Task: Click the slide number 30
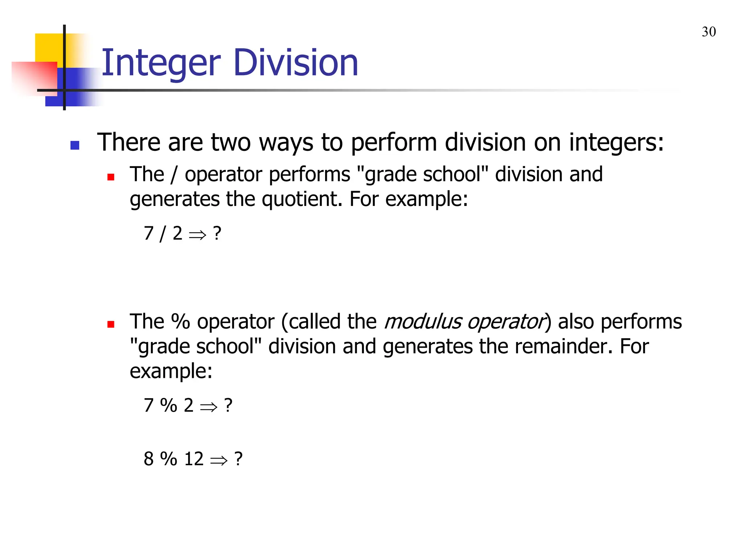tap(709, 32)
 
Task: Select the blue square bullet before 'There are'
tap(75, 145)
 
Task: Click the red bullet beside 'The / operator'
tap(111, 177)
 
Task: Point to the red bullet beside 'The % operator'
tap(111, 324)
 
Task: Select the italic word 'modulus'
tap(423, 322)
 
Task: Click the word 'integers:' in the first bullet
tap(616, 142)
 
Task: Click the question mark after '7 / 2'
tap(217, 233)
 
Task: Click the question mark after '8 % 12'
tap(238, 459)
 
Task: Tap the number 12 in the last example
tap(194, 459)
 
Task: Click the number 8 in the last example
tap(149, 459)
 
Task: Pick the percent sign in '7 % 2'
tap(169, 405)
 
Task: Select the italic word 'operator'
tap(506, 322)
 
